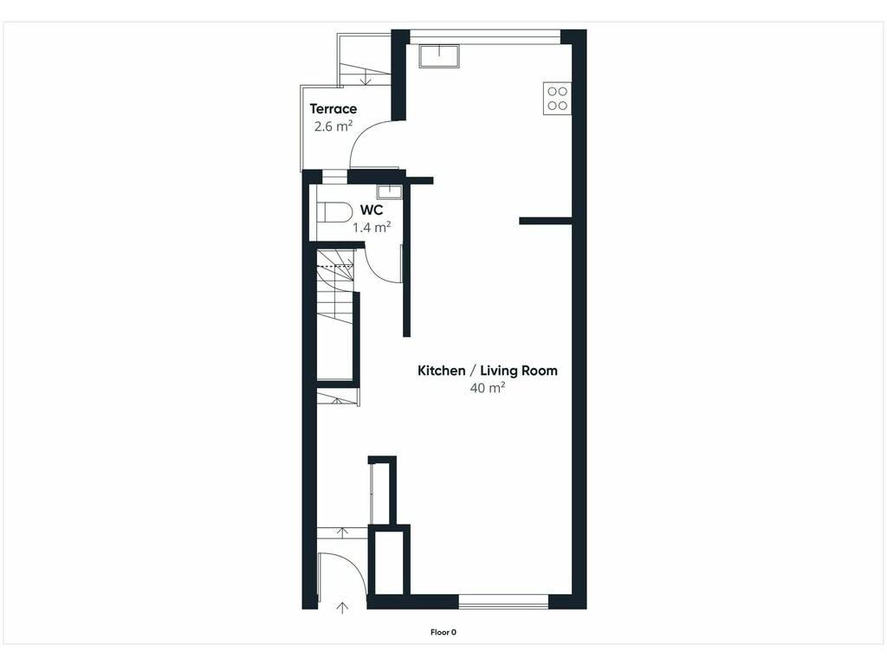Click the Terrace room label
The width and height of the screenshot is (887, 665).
tap(333, 108)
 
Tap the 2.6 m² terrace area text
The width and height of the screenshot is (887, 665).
tap(333, 126)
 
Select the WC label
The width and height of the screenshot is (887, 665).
tap(372, 210)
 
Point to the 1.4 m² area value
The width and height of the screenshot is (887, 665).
tap(372, 228)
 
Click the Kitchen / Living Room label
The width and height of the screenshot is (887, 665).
tap(488, 371)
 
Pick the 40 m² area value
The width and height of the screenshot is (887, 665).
tap(488, 388)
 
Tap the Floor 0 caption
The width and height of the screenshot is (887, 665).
tap(443, 632)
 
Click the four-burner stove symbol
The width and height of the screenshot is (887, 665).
tap(557, 99)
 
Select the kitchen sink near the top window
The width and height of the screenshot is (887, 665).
tap(439, 56)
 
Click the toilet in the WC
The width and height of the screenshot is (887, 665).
tap(333, 213)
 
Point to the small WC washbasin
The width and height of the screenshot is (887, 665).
tap(389, 191)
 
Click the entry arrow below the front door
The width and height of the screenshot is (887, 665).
tap(342, 608)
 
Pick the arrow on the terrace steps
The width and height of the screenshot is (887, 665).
tap(366, 78)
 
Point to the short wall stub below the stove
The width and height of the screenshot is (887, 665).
tap(546, 221)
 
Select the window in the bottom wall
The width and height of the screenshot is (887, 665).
tap(503, 601)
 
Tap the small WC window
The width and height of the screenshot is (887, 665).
tap(334, 177)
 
